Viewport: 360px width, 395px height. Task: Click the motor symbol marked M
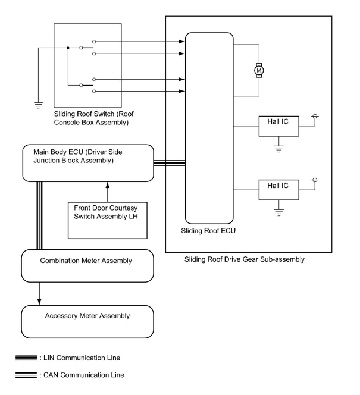(259, 70)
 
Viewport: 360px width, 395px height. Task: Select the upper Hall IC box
(279, 126)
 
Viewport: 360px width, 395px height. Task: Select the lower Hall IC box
(279, 190)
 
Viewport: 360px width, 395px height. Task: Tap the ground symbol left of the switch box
(38, 105)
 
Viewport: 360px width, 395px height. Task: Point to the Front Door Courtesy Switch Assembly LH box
(107, 220)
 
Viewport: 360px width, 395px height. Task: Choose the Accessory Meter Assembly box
(87, 322)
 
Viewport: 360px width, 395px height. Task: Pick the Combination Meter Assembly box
(87, 266)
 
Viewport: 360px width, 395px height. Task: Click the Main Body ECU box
(88, 163)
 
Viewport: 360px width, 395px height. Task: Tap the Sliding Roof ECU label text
(208, 231)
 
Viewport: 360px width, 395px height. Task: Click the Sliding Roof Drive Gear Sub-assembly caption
(244, 259)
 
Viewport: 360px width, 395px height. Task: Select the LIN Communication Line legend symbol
(26, 358)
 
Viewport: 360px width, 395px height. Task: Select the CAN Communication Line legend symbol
(26, 375)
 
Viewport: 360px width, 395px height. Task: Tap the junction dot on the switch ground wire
(68, 48)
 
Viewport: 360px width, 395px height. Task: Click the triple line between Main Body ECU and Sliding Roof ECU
(169, 163)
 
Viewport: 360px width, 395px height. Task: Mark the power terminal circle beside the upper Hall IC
(315, 116)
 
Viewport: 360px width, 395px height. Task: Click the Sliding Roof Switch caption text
(94, 118)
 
